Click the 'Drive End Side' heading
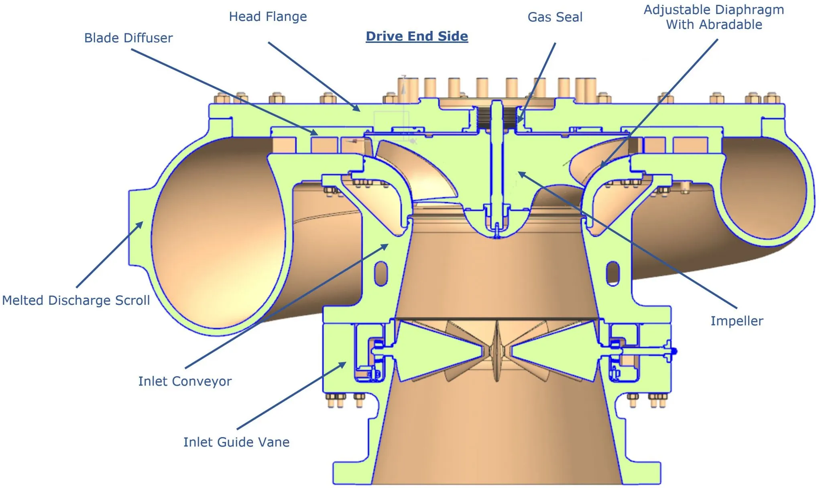[x=417, y=36]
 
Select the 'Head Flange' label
[x=268, y=17]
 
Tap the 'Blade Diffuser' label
[x=128, y=38]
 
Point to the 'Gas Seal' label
[x=555, y=17]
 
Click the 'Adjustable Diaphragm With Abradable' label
[x=714, y=17]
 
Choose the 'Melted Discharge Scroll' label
[x=76, y=300]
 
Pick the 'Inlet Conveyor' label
[x=185, y=381]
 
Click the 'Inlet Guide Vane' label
[x=236, y=442]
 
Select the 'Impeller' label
[x=737, y=321]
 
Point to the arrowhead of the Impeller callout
[x=520, y=173]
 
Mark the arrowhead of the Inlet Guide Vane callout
[x=344, y=363]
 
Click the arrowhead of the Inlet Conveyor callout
[x=387, y=245]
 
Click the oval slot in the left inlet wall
[x=381, y=273]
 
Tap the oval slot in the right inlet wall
[x=613, y=273]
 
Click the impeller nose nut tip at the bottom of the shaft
[x=497, y=234]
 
